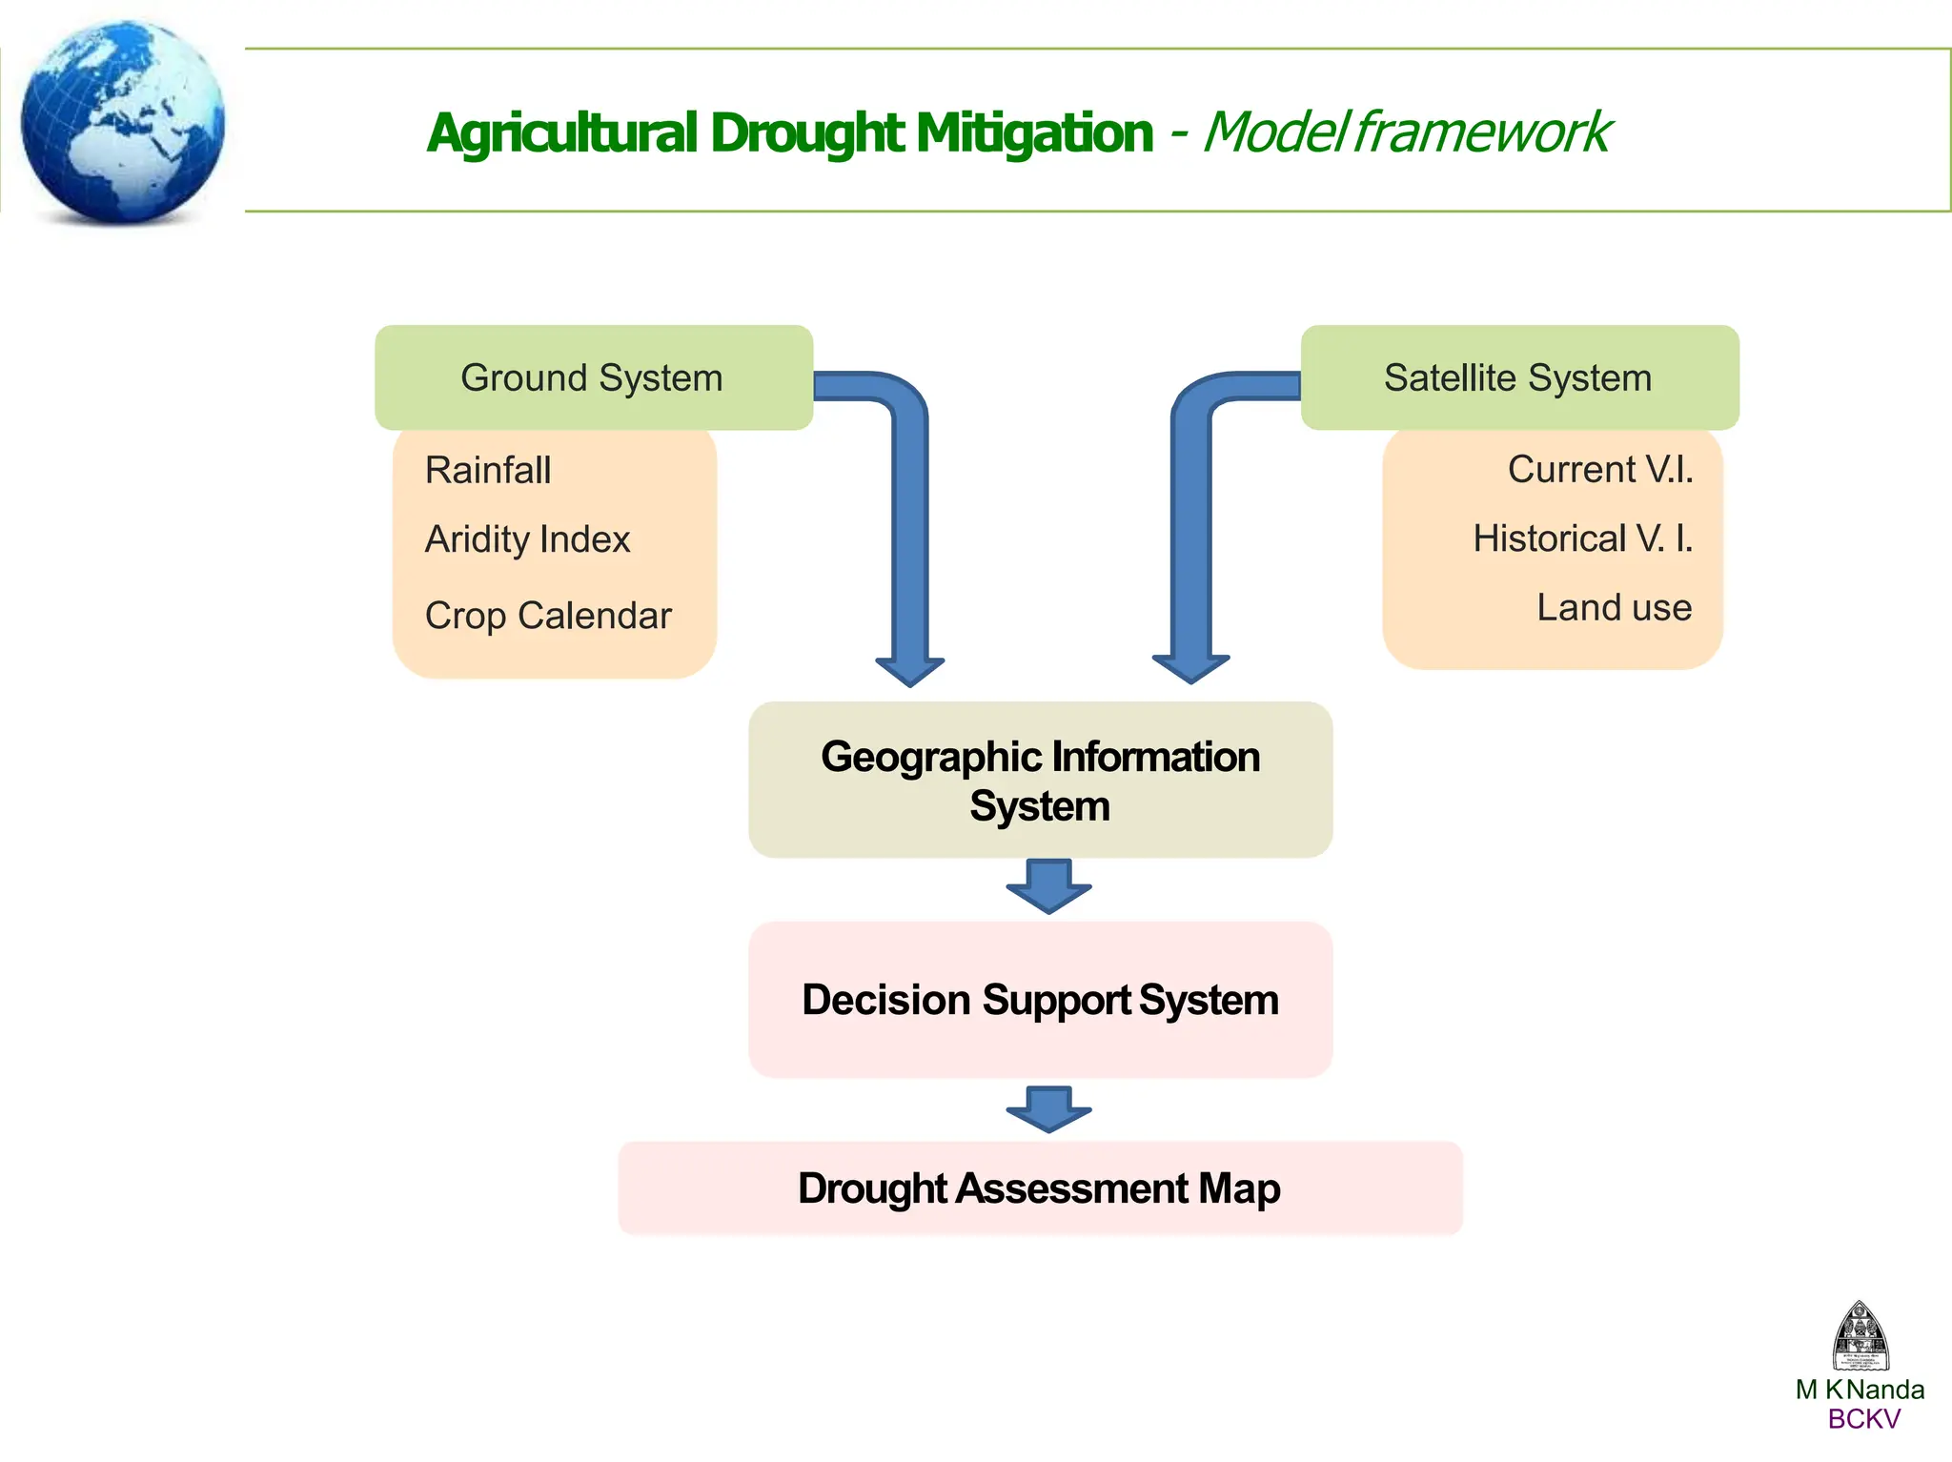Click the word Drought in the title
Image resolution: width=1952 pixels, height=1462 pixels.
[x=807, y=133]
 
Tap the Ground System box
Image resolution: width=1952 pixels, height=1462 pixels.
[x=593, y=377]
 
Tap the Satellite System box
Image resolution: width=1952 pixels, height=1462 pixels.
[x=1518, y=377]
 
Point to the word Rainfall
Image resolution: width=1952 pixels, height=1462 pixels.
[x=488, y=470]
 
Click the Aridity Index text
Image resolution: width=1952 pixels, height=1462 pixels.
[x=527, y=539]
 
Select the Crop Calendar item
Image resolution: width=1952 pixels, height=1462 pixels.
[x=548, y=616]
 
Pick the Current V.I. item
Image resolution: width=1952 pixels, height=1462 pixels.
[x=1599, y=469]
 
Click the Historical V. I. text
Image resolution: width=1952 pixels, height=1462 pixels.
[x=1582, y=538]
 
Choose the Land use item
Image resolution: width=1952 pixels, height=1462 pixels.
[x=1614, y=607]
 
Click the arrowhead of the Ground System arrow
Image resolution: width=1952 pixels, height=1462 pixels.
[x=910, y=670]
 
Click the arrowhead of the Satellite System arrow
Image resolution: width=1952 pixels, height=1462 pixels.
[x=1190, y=667]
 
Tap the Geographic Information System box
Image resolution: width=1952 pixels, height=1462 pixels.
[x=1040, y=781]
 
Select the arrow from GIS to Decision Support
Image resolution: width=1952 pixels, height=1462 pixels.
[x=1048, y=886]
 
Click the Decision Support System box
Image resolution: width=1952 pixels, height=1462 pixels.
[x=1040, y=1000]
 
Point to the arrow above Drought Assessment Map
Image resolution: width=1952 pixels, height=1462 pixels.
[x=1048, y=1109]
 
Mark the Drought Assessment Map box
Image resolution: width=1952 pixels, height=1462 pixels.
[x=1040, y=1188]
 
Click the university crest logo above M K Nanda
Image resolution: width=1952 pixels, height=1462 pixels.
[x=1860, y=1336]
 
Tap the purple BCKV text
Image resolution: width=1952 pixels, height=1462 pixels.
[x=1863, y=1419]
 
